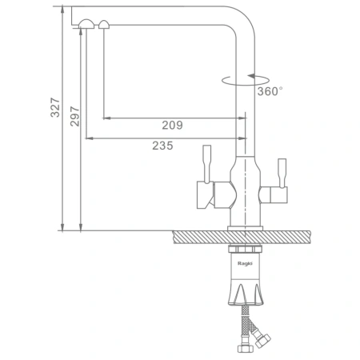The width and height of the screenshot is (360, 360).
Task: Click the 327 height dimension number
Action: pyautogui.click(x=55, y=107)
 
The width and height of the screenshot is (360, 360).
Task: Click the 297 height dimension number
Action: pyautogui.click(x=74, y=116)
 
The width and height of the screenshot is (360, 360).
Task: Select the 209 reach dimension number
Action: pyautogui.click(x=173, y=125)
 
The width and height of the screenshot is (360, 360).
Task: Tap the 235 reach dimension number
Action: pyautogui.click(x=162, y=146)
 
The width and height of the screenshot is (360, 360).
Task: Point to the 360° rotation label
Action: pyautogui.click(x=270, y=91)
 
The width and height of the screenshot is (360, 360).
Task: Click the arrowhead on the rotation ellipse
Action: pyautogui.click(x=252, y=76)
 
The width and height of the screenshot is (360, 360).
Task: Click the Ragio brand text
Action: pyautogui.click(x=245, y=263)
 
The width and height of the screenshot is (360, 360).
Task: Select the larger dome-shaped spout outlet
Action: pyautogui.click(x=86, y=24)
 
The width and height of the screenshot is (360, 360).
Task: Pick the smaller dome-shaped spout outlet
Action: pyautogui.click(x=104, y=24)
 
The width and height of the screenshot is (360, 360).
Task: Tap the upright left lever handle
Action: pyautogui.click(x=207, y=164)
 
